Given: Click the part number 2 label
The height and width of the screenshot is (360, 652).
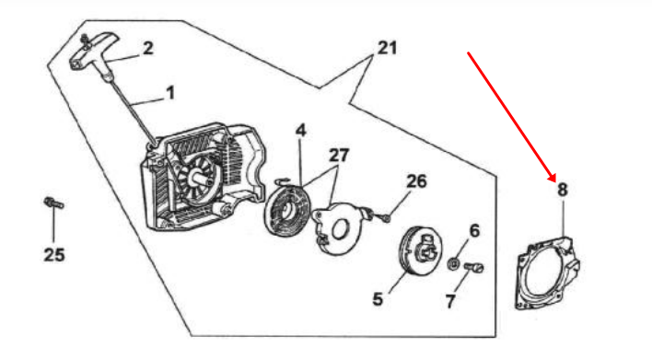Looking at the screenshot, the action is pos(147,48).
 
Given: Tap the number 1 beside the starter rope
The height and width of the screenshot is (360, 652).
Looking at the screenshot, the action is pos(170,93).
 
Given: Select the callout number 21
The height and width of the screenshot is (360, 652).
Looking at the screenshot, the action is pos(387,48).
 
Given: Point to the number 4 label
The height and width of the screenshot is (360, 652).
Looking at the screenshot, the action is pos(300,131).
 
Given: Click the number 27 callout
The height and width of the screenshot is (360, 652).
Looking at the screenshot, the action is pos(339,156).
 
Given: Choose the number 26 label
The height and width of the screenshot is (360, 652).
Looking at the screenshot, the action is pos(416,181).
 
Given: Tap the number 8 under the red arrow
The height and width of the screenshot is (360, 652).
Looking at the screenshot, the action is pos(562,190).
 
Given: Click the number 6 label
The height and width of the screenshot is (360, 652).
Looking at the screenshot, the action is pos(474,230).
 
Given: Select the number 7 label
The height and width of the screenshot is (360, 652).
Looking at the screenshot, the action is pos(450,301).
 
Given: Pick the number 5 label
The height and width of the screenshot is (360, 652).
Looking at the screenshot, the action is pos(378,299).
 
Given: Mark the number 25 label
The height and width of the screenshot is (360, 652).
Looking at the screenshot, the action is pos(54,254).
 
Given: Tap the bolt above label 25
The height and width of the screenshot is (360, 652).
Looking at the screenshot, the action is pos(53,203).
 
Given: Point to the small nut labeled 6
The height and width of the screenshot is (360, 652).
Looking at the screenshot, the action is pos(454,263).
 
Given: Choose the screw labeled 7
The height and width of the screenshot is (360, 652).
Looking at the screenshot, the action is pos(473,268).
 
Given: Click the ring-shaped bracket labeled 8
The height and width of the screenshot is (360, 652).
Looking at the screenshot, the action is pos(548,273).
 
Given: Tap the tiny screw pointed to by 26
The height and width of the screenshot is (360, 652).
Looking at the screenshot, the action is pos(386,217).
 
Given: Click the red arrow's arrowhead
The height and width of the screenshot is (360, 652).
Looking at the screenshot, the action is pos(553,177).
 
